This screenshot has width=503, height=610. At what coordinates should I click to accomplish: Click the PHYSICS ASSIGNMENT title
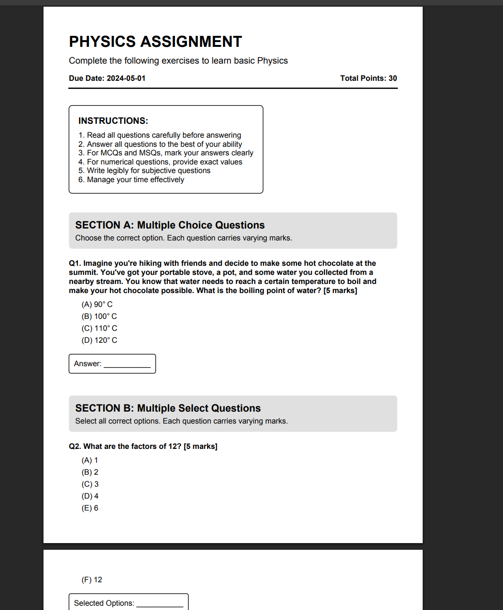point(155,42)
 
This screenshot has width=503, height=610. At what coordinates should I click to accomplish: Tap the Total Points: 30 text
point(368,78)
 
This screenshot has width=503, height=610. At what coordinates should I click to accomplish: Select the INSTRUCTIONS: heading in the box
point(113,120)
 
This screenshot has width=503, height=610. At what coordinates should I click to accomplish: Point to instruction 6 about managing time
point(131,179)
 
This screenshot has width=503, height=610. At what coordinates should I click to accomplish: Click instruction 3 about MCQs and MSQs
point(165,152)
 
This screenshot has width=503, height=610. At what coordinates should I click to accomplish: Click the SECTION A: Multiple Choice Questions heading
point(170,225)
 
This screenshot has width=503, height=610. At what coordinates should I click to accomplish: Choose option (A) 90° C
point(97,305)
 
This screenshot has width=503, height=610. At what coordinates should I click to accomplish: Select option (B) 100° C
point(99,316)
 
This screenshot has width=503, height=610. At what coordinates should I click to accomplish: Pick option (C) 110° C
point(99,328)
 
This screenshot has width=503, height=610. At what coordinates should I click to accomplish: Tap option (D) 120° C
point(99,340)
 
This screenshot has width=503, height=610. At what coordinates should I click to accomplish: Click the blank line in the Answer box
point(127,365)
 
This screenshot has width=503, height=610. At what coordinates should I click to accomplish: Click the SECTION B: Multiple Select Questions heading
point(168,408)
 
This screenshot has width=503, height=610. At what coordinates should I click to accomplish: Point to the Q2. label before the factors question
point(75,447)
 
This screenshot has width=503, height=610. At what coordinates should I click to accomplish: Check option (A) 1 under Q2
point(90,460)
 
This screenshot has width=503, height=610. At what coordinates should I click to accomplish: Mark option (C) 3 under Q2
point(90,484)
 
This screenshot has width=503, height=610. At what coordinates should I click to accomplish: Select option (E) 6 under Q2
point(90,508)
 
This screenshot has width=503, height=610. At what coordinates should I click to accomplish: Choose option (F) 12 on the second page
point(92,580)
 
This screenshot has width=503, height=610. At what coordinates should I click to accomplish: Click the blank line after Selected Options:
point(160,604)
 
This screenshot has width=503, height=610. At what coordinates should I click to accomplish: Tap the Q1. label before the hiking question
point(75,263)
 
